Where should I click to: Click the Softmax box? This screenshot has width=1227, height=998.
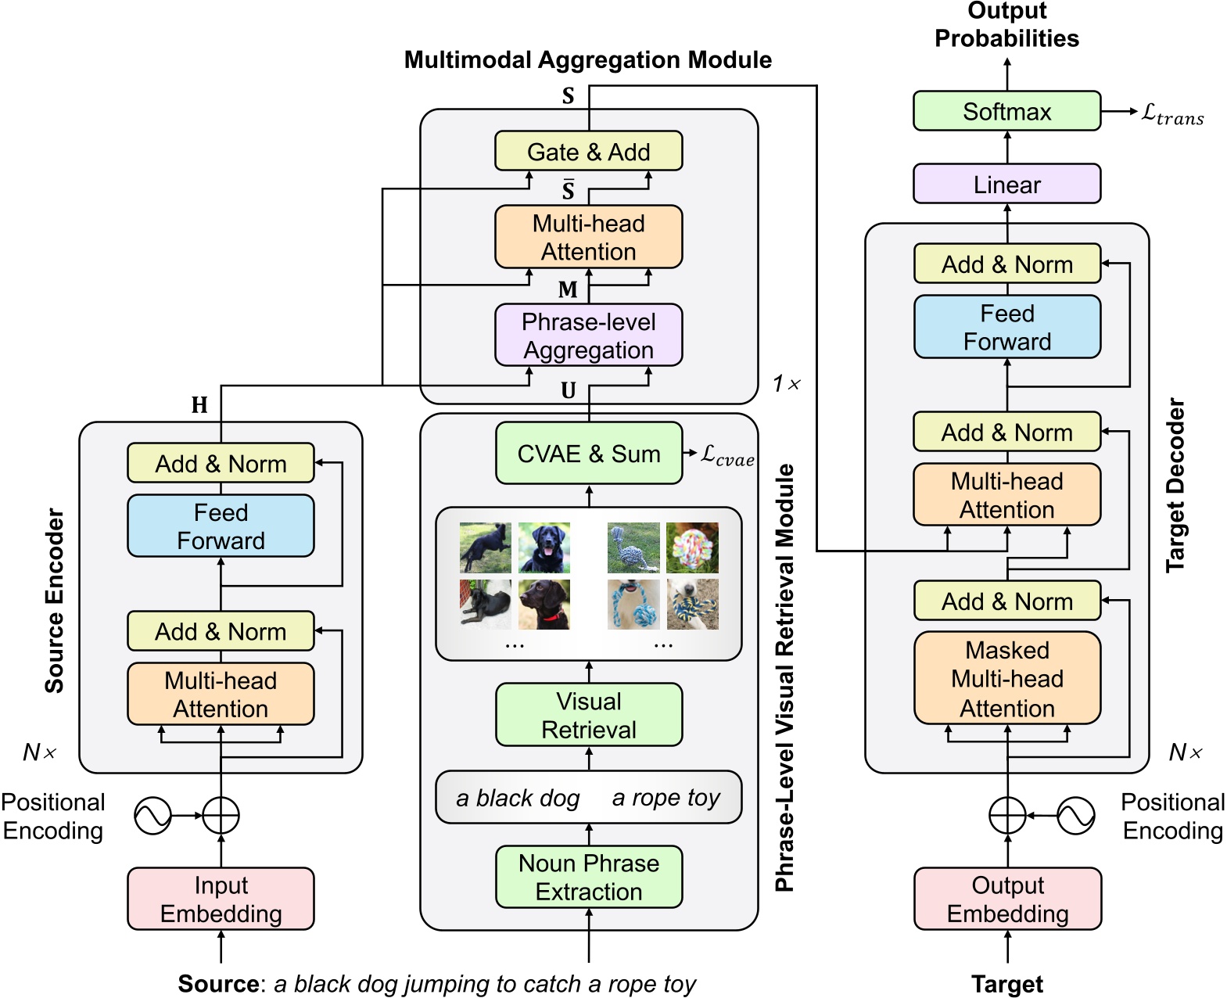[1006, 111]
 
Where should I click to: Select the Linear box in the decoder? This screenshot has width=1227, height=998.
[1006, 185]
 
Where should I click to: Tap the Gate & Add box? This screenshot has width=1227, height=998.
[588, 151]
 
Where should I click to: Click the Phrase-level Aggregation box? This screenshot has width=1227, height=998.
[588, 336]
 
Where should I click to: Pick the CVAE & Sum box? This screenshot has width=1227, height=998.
[588, 454]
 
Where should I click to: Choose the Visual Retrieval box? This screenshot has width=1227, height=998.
[588, 715]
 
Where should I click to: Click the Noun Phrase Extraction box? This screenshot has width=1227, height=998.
[588, 877]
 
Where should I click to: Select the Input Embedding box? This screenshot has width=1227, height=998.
[221, 899]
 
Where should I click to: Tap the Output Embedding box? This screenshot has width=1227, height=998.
[1007, 899]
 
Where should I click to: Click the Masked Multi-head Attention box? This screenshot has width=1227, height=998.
[1007, 678]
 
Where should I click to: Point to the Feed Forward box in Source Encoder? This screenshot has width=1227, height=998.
[221, 526]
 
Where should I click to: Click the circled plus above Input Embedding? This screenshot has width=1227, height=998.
[221, 816]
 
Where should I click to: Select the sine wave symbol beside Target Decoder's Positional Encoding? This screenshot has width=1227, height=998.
[1075, 816]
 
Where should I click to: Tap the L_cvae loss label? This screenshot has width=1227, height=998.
[727, 455]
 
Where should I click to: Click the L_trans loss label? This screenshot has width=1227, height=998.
[1171, 114]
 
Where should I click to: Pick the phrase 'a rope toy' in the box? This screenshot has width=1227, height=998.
[666, 798]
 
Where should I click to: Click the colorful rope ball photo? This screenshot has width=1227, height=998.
[692, 547]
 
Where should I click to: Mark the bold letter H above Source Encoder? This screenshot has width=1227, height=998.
[199, 404]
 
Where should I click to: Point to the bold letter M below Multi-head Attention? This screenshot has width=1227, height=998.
[568, 289]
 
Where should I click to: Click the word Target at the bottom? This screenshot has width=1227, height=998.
[1006, 984]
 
